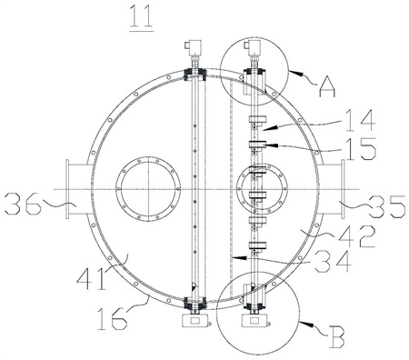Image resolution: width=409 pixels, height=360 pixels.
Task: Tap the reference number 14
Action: [360, 121]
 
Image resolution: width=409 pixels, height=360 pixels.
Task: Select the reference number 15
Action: [361, 149]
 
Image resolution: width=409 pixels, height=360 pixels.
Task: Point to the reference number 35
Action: [386, 206]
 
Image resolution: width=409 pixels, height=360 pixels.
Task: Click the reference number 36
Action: [24, 204]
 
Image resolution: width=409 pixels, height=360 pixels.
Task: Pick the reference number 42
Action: [357, 236]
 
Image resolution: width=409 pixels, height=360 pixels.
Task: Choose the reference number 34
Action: [333, 262]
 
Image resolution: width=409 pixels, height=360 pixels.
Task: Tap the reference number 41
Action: [92, 278]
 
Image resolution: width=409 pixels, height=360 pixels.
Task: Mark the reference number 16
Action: [112, 318]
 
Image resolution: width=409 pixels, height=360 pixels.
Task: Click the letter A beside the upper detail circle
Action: [327, 85]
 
